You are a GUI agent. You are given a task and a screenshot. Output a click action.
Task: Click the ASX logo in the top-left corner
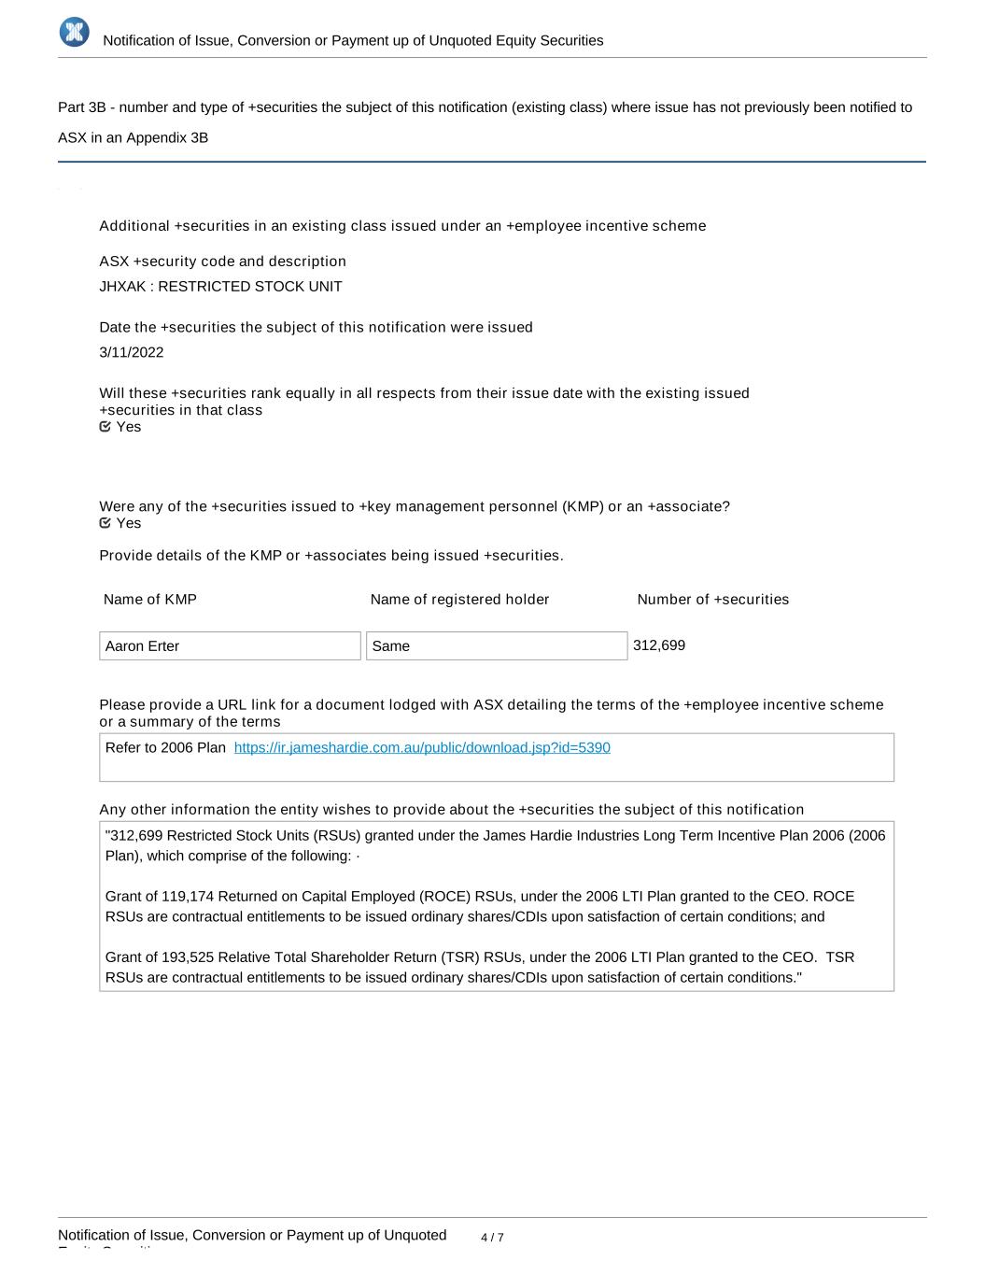[x=74, y=32]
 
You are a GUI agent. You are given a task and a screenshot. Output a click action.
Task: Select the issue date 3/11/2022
[x=132, y=352]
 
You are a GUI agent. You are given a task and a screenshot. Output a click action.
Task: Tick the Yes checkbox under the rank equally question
[x=106, y=427]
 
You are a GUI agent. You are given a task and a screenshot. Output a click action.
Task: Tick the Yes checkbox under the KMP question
[x=106, y=523]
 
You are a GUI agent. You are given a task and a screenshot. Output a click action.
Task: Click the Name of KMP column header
[x=150, y=600]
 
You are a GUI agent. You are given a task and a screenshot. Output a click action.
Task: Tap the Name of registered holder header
[x=459, y=600]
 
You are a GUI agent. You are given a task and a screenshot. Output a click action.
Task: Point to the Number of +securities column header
[x=712, y=600]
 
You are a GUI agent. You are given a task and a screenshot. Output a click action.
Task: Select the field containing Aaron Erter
[x=230, y=645]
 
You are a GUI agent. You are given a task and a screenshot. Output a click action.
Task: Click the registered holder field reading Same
[x=497, y=645]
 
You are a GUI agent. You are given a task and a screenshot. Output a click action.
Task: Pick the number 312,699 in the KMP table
[x=659, y=645]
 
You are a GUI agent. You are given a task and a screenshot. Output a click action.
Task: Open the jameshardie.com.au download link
[x=422, y=747]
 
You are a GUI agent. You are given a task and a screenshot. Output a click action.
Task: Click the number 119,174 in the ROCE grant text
[x=188, y=897]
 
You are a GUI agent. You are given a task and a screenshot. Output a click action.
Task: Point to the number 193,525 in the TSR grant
[x=188, y=957]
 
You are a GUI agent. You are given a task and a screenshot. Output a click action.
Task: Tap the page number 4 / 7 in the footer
[x=492, y=1238]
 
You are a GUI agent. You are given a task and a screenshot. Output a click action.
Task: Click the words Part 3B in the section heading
[x=81, y=107]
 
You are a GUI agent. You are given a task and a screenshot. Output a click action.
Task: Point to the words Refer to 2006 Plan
[x=165, y=747]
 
